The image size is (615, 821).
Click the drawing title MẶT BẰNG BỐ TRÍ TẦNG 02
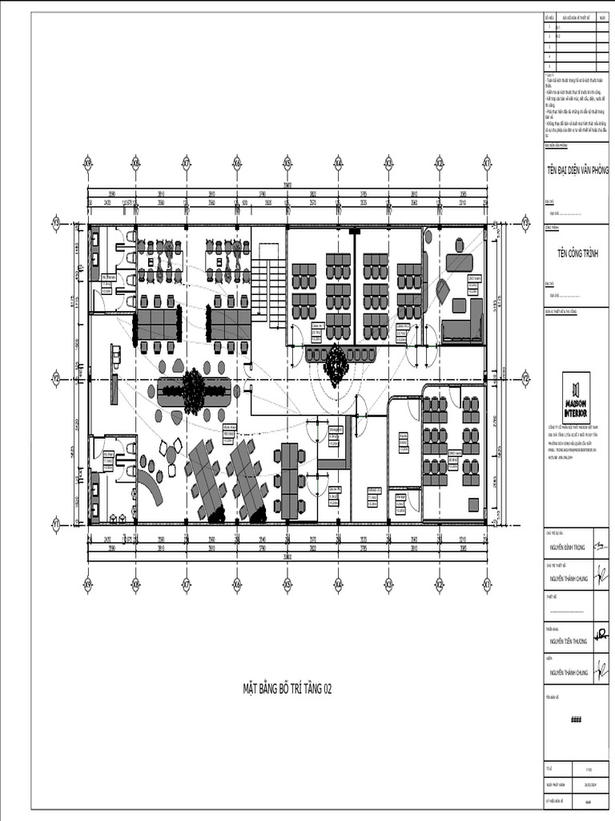(x=287, y=688)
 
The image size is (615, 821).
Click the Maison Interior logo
(x=576, y=398)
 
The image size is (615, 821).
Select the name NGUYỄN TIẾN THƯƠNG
(x=569, y=641)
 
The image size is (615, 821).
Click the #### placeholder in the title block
(x=576, y=719)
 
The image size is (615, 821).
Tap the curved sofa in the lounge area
(x=151, y=485)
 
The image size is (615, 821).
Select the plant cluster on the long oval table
(x=193, y=390)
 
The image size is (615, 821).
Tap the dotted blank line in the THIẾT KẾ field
(x=576, y=611)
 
